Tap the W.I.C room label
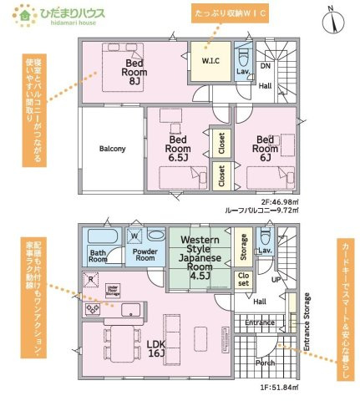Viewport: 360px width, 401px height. click(x=210, y=60)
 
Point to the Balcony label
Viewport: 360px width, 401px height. click(x=112, y=149)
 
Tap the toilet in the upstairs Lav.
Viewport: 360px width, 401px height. click(x=241, y=58)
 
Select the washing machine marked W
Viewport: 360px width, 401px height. click(x=134, y=236)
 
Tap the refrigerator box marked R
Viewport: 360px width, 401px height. click(x=90, y=281)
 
